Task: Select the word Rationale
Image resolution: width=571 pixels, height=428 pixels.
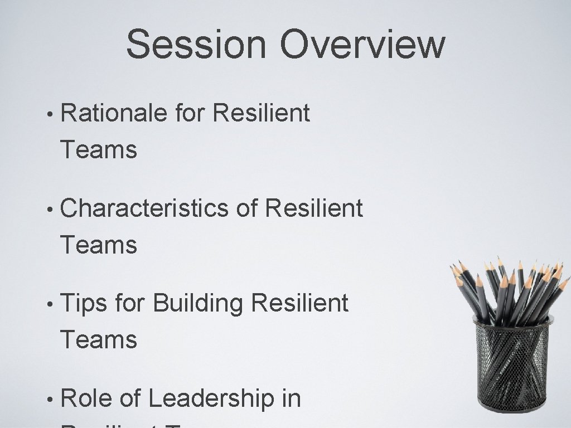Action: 114,114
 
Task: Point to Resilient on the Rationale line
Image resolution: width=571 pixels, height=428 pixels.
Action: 262,114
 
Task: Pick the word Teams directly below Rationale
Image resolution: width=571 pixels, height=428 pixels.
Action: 99,150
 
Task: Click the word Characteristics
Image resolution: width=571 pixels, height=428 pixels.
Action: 144,209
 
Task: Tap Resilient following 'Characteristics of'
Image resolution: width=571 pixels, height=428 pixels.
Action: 314,209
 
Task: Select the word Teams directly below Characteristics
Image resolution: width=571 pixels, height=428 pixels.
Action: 99,245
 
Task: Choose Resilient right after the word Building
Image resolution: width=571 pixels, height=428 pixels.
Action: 300,304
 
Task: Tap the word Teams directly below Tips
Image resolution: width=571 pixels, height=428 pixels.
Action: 99,340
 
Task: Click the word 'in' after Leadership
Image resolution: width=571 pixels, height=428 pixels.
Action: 291,399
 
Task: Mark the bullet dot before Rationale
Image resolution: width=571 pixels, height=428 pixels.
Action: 50,115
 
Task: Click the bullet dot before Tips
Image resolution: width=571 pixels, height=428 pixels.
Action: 50,305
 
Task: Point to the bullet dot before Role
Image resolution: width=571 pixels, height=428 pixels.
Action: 50,400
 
